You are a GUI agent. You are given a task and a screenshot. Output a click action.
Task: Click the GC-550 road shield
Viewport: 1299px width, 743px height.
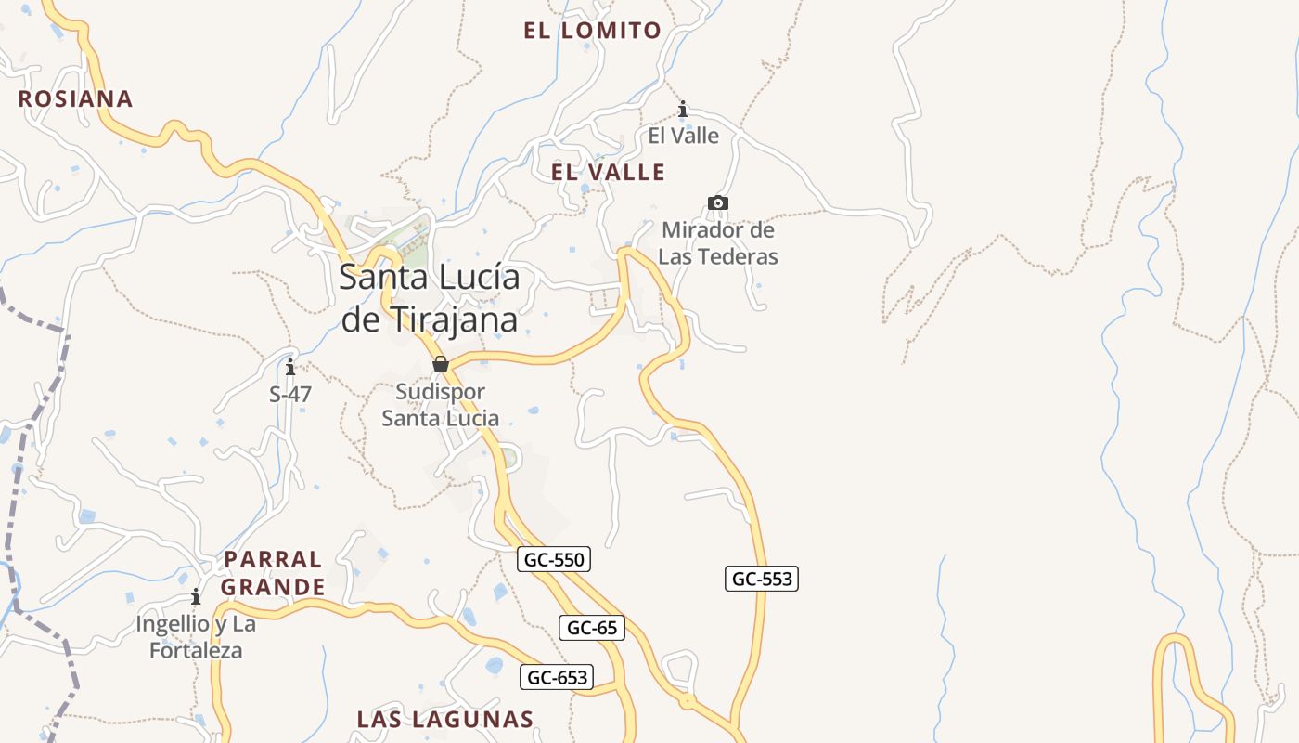coord(554,559)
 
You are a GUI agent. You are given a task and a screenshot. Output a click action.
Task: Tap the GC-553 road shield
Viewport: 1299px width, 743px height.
coord(762,579)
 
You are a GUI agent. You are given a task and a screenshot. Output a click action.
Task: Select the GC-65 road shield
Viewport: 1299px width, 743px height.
coord(592,628)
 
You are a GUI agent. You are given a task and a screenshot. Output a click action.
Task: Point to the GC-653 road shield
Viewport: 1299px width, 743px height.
coord(557,677)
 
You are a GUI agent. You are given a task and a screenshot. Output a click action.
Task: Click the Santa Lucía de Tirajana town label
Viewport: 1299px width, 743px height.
coord(430,298)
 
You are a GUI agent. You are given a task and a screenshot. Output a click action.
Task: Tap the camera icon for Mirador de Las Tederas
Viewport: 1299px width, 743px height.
coord(717,202)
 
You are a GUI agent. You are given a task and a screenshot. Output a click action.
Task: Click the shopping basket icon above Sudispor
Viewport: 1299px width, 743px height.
coord(441,363)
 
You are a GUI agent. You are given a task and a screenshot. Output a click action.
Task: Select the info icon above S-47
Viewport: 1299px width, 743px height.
coord(290,367)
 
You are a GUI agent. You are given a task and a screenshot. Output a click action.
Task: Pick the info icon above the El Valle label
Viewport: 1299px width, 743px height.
coord(684,110)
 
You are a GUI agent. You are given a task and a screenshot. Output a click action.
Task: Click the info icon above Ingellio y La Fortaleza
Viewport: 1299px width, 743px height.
coord(196,596)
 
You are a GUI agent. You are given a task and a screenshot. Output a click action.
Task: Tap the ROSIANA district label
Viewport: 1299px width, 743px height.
coord(76,98)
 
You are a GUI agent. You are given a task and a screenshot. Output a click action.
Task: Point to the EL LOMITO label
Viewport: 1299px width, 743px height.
coord(592,31)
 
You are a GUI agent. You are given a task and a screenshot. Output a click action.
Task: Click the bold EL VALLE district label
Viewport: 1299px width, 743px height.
coord(608,172)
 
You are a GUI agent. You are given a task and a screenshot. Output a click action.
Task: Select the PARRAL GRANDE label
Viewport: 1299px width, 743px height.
coord(273,573)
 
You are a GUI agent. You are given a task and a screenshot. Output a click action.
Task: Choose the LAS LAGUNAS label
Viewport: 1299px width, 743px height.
coord(445,719)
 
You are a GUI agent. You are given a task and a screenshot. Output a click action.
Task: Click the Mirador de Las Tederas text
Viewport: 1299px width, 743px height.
coord(718,243)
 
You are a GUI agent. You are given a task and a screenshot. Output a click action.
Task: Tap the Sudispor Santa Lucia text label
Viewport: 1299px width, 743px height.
coord(441,405)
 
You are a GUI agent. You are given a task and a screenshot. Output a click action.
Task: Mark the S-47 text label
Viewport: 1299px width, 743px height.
coord(290,395)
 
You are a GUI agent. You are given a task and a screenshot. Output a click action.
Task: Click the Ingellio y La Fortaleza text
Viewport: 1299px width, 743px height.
coord(196,637)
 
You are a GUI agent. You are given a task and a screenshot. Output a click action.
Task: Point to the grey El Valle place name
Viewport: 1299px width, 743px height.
coord(684,136)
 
